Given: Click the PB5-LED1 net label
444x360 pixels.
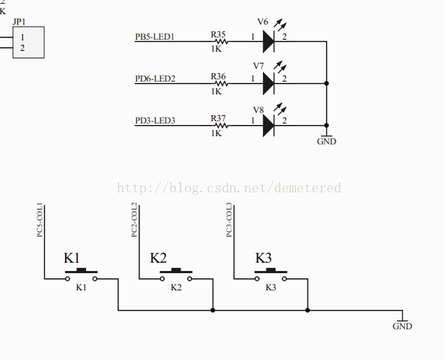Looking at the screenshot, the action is [x=154, y=37].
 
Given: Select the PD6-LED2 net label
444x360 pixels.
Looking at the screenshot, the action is [x=155, y=79].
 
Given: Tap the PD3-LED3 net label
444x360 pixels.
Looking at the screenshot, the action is [x=155, y=120].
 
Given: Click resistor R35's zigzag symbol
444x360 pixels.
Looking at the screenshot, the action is [x=221, y=42].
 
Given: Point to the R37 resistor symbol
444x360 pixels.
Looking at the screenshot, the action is [x=221, y=126].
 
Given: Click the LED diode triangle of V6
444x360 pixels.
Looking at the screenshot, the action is [x=269, y=42].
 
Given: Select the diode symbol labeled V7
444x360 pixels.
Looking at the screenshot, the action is [x=269, y=84].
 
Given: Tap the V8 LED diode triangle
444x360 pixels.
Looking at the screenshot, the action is [x=269, y=126].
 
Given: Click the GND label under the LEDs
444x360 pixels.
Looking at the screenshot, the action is [x=326, y=141].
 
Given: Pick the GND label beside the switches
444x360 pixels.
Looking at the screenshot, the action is [x=402, y=326].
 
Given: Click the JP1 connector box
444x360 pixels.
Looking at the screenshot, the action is [x=28, y=43].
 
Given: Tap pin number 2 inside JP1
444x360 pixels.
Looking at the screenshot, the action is [x=22, y=48].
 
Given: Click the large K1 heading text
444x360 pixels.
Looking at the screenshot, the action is [x=72, y=257].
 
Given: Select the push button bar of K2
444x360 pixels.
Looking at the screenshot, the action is [x=176, y=271].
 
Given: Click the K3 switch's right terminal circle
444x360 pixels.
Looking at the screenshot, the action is [x=285, y=279].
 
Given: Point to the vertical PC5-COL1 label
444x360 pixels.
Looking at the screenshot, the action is [x=40, y=220].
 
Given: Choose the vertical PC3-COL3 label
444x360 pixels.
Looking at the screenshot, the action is [x=229, y=220].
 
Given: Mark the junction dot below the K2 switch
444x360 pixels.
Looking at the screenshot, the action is [x=213, y=311].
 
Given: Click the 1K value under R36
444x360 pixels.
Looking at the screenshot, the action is [x=216, y=91].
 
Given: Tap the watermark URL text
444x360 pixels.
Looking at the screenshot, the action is [x=229, y=188].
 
